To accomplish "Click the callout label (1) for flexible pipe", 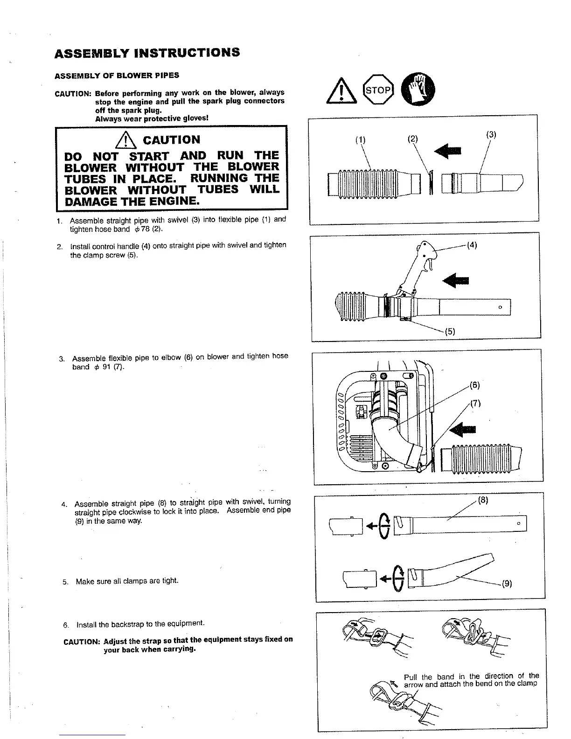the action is pos(361,139).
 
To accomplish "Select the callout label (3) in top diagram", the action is pos(491,134).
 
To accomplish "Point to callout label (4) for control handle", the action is pos(472,245).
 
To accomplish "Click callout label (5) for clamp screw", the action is pos(450,332).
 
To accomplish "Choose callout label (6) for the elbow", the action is pos(475,385).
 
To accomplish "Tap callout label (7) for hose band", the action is pos(475,404).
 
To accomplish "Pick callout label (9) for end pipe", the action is pos(507,583).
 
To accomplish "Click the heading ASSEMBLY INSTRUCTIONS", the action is pos(147,52).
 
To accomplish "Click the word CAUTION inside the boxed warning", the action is pos(172,140).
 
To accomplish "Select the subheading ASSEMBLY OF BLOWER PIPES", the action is pos(117,76).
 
